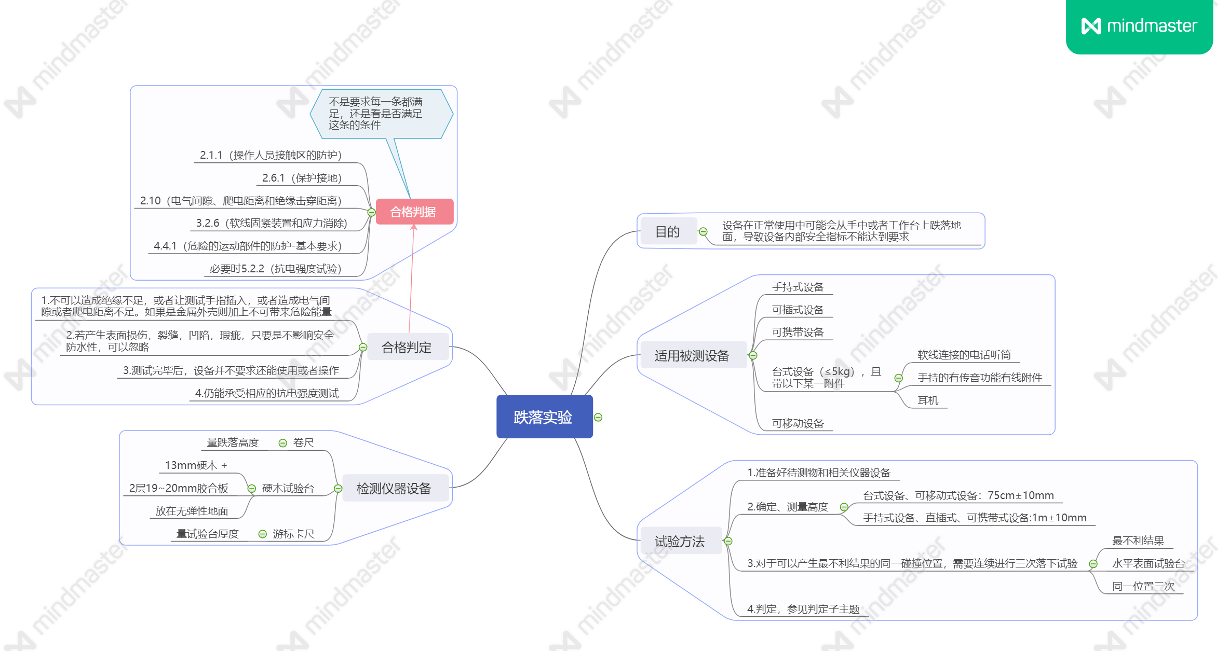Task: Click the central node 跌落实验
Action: [x=544, y=417]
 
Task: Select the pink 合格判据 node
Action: [x=414, y=212]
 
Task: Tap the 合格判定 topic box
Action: [x=407, y=347]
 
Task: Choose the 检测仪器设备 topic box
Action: [x=394, y=488]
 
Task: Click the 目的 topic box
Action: [x=667, y=231]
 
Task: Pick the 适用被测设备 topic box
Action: [x=692, y=355]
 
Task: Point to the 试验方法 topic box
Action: [x=680, y=541]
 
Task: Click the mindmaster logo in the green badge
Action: [x=1139, y=26]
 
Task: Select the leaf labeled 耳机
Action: [x=928, y=400]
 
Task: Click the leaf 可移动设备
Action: [x=798, y=423]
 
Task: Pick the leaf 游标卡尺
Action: [x=293, y=534]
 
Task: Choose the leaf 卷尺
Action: [x=303, y=442]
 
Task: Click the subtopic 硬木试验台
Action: [x=288, y=488]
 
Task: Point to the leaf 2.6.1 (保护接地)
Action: [x=302, y=178]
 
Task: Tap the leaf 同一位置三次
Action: [x=1143, y=586]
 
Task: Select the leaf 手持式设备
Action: [x=798, y=287]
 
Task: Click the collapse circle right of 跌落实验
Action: [x=598, y=417]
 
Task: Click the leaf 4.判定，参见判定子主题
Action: [x=803, y=609]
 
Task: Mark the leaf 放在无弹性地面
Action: [x=192, y=511]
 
